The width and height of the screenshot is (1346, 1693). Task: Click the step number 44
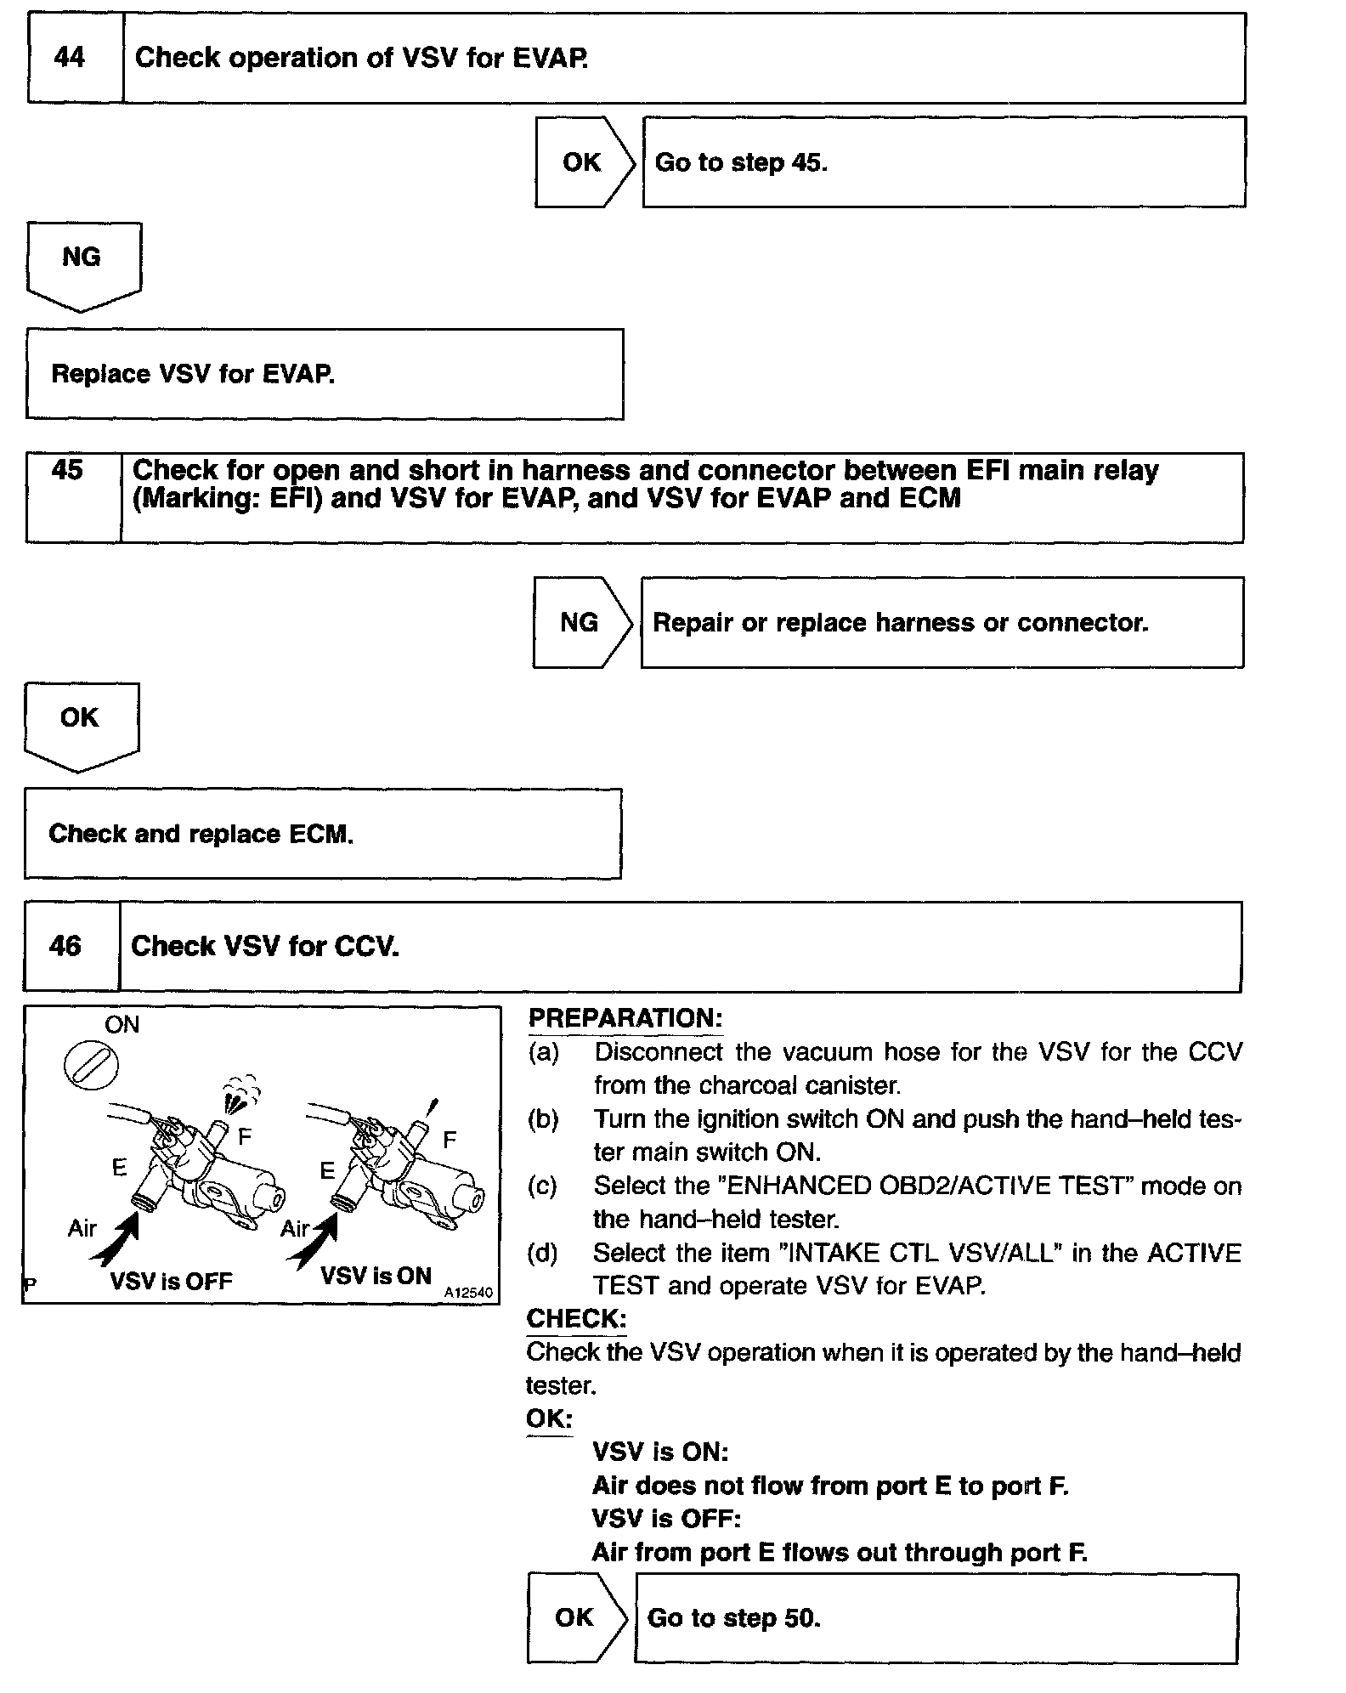pos(70,58)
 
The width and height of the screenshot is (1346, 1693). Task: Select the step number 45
pos(68,470)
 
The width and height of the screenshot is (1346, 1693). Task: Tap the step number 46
pos(65,946)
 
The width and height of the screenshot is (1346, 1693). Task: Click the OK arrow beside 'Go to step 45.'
pos(583,162)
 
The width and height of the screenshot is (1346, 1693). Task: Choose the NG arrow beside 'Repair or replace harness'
pos(580,623)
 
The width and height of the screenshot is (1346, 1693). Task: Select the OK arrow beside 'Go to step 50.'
pos(575,1617)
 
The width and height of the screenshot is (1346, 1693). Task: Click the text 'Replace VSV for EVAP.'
pos(194,374)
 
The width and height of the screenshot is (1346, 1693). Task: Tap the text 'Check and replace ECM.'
pos(201,834)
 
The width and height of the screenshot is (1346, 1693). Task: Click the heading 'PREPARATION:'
pos(625,1018)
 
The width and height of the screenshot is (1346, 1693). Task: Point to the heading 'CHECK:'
pos(576,1318)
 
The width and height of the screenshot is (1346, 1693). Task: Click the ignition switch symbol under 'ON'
pos(92,1066)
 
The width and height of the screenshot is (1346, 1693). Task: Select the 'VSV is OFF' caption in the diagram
pos(171,1282)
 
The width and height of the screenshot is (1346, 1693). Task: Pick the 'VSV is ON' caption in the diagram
pos(376,1277)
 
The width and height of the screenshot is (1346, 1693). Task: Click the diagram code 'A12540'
pos(468,1293)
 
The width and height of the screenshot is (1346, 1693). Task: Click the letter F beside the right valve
pos(450,1139)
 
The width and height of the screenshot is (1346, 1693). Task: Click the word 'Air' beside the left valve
pos(82,1228)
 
